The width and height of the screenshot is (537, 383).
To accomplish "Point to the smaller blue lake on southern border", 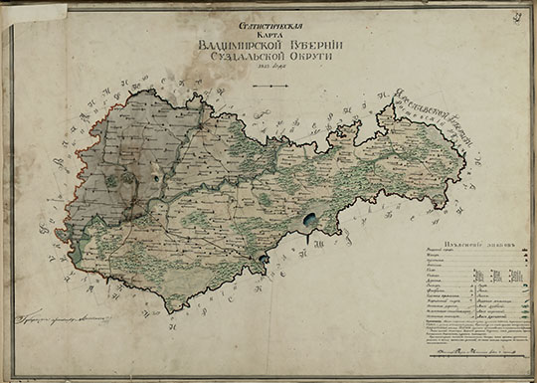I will [262, 259].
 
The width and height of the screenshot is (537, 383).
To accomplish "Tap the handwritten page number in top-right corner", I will [520, 12].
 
